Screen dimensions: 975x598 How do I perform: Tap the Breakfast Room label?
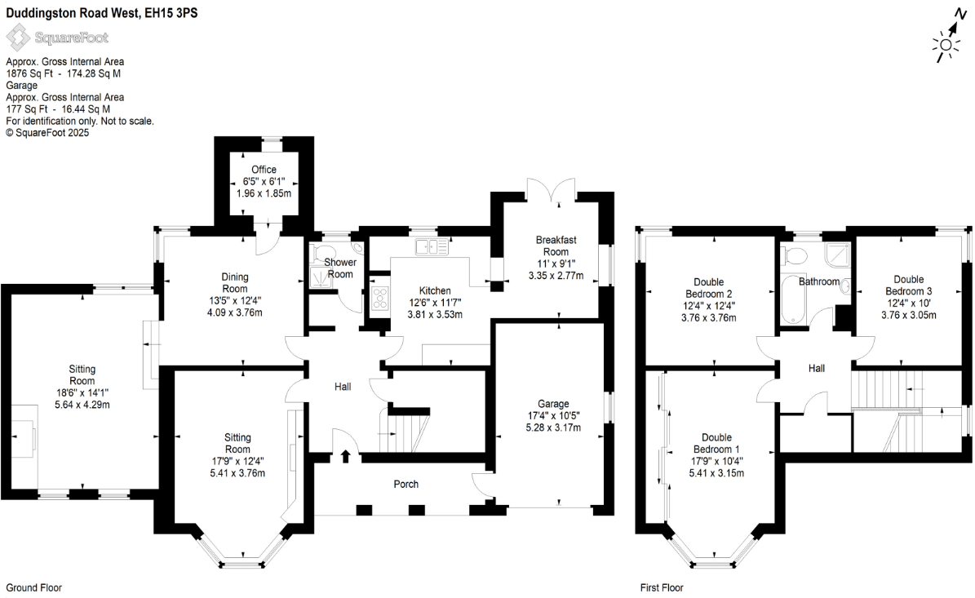[x=556, y=240]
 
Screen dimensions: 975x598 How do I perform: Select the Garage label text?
[x=553, y=403]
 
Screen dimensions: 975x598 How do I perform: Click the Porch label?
[x=406, y=485]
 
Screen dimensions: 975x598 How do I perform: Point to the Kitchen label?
[x=435, y=290]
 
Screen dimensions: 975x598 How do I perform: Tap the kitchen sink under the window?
[x=431, y=246]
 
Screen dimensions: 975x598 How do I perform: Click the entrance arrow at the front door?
[x=345, y=457]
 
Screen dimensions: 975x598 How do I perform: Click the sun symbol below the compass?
[x=946, y=48]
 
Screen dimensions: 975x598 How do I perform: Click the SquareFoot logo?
[x=57, y=37]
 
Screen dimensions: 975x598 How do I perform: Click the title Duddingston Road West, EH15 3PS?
[x=101, y=13]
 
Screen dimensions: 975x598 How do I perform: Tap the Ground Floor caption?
[x=33, y=587]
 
